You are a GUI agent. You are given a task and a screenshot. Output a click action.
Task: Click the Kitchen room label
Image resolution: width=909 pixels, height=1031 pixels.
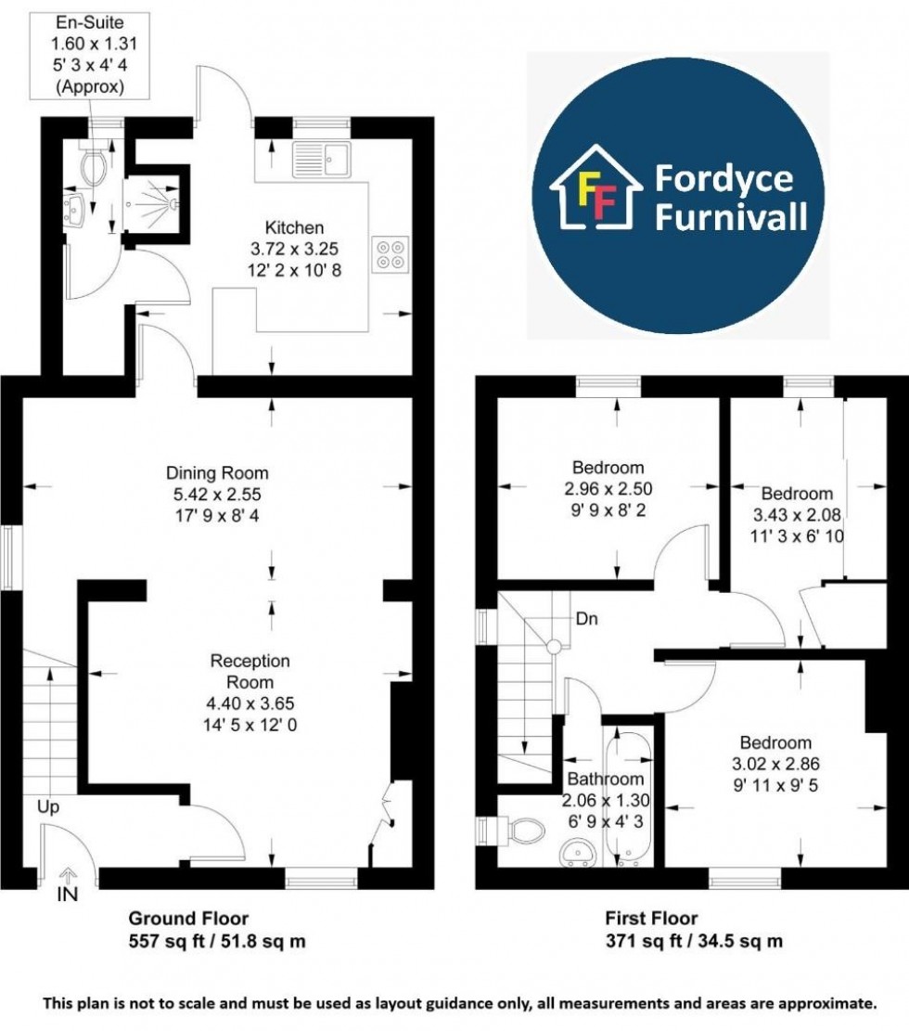(x=294, y=227)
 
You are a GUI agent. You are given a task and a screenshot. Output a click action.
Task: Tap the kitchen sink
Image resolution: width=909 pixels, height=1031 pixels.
(x=322, y=159)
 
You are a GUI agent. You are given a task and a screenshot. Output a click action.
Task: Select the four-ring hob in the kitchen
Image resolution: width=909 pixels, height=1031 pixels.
(x=390, y=254)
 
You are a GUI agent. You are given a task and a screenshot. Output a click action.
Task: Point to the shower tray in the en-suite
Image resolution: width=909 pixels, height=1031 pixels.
(x=150, y=203)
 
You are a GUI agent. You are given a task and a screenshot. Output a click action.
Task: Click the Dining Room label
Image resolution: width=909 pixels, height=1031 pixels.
(x=217, y=472)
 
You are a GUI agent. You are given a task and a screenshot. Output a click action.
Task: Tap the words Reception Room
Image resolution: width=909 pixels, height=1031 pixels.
(x=250, y=671)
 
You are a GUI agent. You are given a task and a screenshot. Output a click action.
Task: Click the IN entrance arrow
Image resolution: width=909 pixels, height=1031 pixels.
(x=67, y=874)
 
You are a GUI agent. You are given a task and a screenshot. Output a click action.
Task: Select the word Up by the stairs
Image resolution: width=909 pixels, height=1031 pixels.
(x=48, y=806)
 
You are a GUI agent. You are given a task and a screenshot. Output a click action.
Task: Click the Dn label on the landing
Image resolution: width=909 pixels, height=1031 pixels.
(x=586, y=619)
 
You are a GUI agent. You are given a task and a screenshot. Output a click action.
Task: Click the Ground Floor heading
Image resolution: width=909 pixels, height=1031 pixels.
(x=188, y=918)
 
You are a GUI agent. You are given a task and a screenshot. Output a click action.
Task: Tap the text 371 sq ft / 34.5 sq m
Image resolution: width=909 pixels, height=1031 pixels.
(x=694, y=941)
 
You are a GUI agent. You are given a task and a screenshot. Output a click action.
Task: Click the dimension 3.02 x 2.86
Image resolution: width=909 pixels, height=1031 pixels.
(x=775, y=764)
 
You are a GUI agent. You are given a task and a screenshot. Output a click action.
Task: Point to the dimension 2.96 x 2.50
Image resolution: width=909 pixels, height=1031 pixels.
(x=608, y=488)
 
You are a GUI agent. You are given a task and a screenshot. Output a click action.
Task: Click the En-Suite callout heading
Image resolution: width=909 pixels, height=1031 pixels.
(x=89, y=22)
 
